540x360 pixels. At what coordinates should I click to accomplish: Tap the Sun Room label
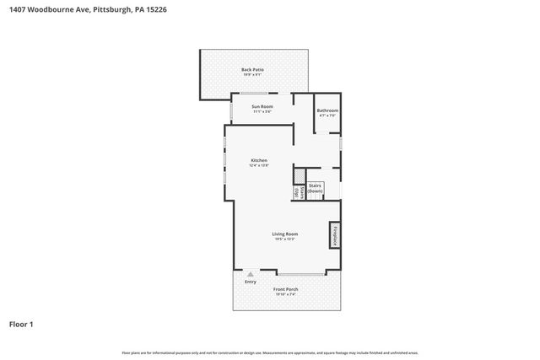point(262,107)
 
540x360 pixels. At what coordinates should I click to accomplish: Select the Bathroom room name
point(327,110)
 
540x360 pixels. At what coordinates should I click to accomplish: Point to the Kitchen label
point(259,160)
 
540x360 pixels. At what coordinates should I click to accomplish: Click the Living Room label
point(284,234)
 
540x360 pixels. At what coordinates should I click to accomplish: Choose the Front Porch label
point(285,289)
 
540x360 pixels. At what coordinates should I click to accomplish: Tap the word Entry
point(251,282)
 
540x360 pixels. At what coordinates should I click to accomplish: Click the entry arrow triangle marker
point(251,274)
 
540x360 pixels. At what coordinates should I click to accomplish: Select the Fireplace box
point(335,236)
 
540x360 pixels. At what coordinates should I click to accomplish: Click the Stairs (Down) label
point(315,188)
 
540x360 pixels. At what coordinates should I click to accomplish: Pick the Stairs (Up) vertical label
point(298,193)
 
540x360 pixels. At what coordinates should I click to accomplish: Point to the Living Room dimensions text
point(284,239)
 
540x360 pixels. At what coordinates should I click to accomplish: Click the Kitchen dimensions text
point(259,166)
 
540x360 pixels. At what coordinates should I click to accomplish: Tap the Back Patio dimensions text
point(253,74)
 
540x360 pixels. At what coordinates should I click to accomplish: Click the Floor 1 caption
point(22,324)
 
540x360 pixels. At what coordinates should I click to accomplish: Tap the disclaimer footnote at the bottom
point(270,352)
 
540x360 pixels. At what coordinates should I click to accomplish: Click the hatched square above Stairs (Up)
point(298,175)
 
